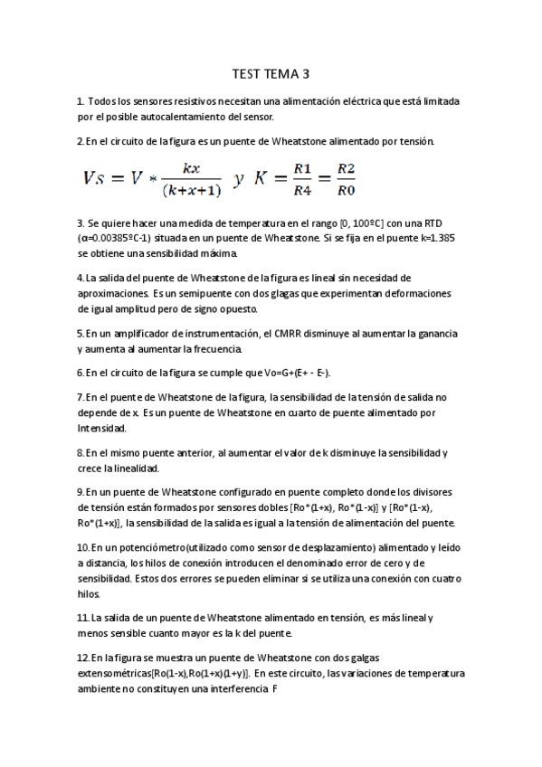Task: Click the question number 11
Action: [83, 617]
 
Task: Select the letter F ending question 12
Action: [274, 688]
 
